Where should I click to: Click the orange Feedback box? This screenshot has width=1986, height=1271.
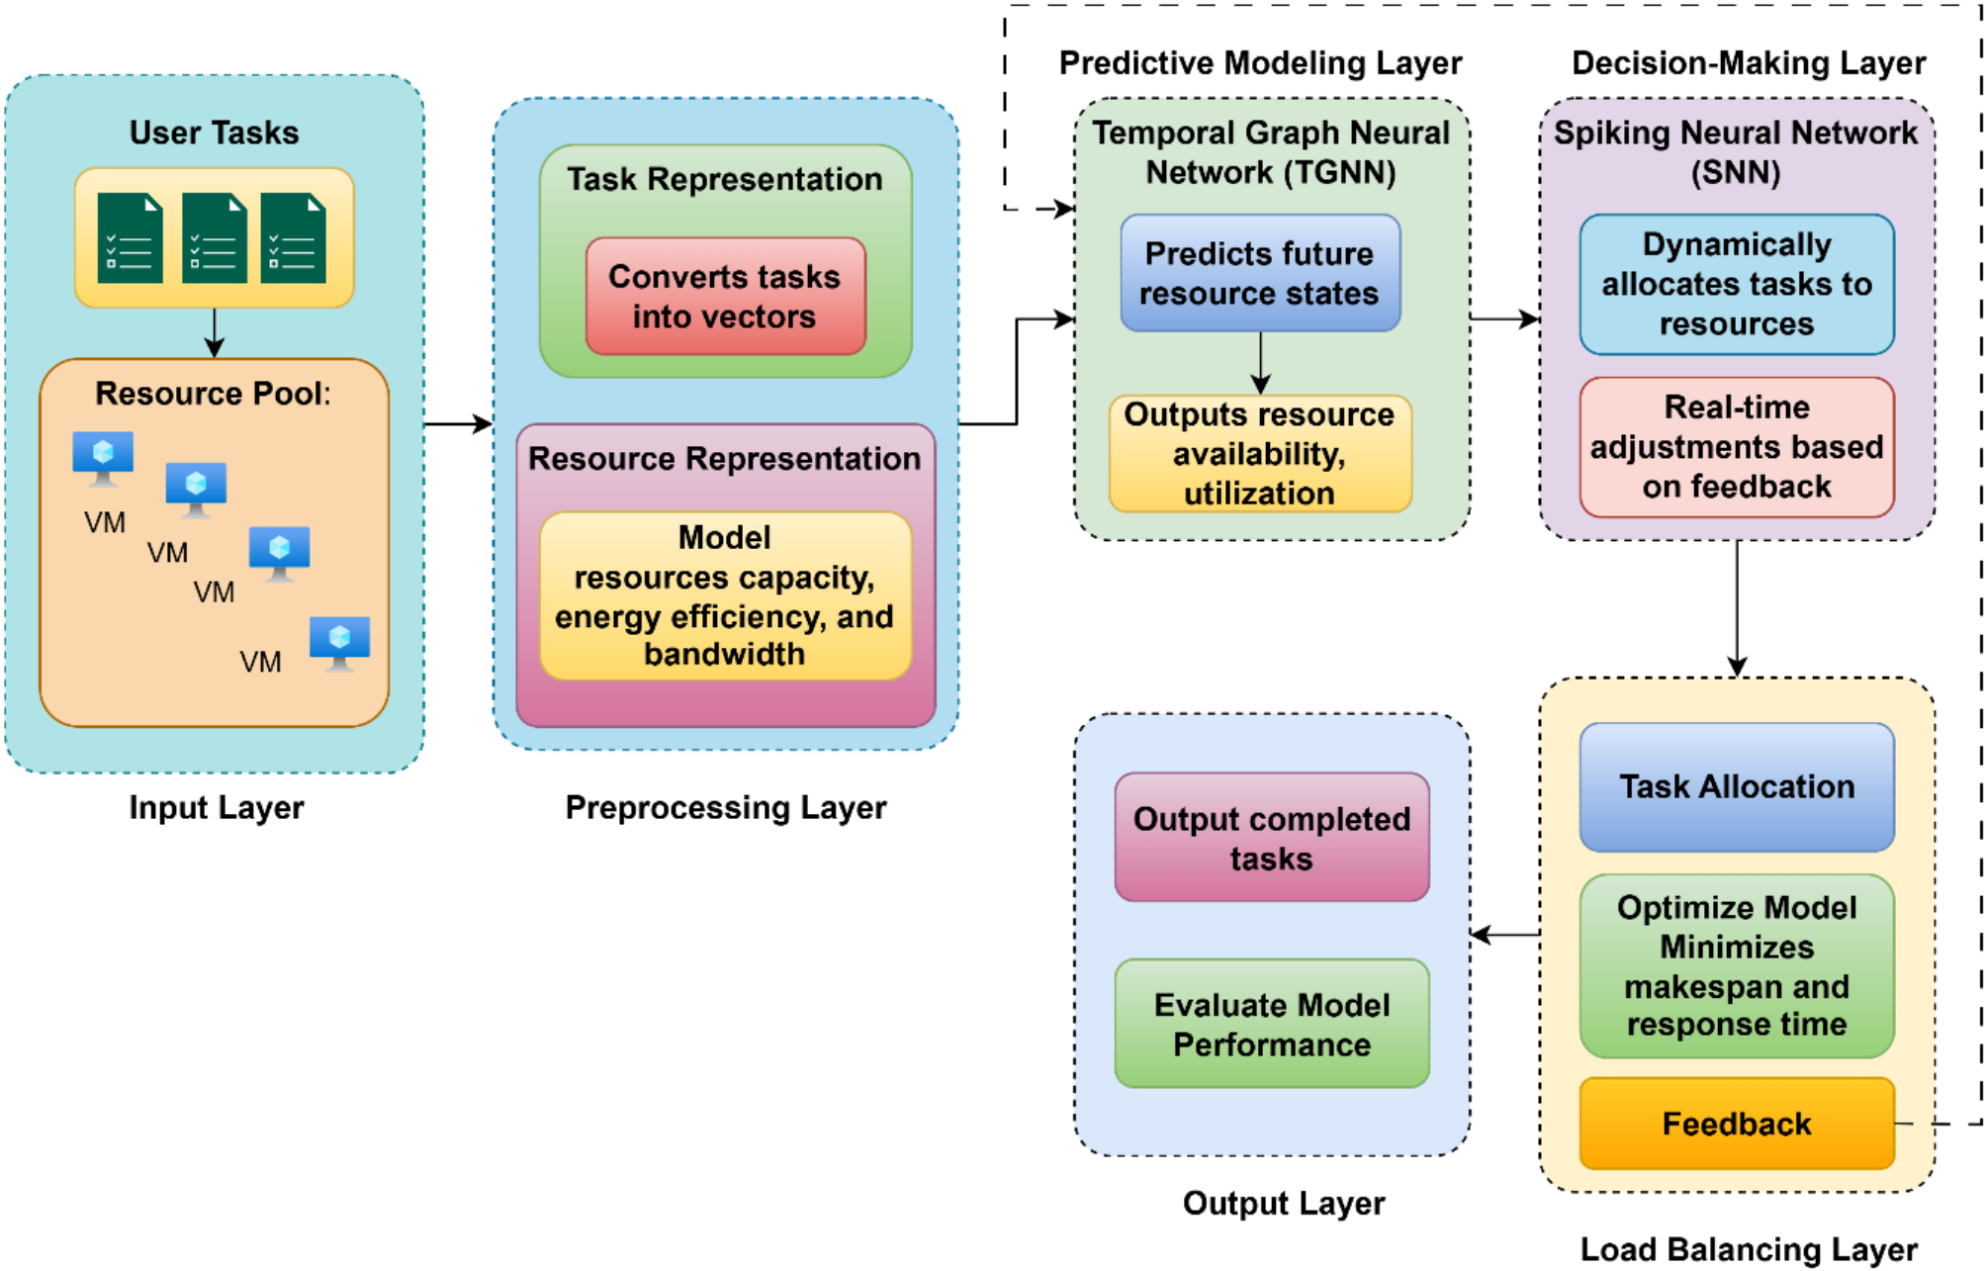(1736, 1124)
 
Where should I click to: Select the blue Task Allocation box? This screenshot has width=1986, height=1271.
(1736, 787)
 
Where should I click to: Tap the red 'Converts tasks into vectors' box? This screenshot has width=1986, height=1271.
(725, 296)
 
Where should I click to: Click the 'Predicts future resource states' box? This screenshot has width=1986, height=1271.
(1259, 273)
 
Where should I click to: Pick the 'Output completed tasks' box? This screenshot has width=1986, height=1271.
(1271, 838)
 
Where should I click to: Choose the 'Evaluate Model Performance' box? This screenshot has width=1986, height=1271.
(1271, 1024)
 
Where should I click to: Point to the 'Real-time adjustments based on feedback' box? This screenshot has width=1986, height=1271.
(1736, 447)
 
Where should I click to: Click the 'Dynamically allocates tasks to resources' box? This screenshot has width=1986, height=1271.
(1736, 284)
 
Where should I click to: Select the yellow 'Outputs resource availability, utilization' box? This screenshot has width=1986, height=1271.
(1259, 453)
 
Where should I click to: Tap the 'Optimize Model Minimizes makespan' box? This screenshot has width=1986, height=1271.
(1736, 966)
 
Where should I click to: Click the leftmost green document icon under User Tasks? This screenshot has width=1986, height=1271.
(130, 237)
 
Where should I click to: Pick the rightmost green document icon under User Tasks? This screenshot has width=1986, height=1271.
(293, 237)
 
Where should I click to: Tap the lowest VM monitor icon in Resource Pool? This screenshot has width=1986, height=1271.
(339, 644)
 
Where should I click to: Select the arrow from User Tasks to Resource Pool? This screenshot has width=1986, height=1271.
(214, 333)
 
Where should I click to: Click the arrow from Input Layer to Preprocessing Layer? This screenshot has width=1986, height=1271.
(458, 424)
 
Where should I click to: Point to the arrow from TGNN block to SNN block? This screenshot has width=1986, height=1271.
(1504, 318)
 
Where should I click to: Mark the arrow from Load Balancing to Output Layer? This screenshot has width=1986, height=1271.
(1504, 934)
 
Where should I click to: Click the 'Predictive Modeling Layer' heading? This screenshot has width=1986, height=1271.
(1260, 63)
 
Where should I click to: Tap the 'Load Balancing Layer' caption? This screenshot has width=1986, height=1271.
(1748, 1249)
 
